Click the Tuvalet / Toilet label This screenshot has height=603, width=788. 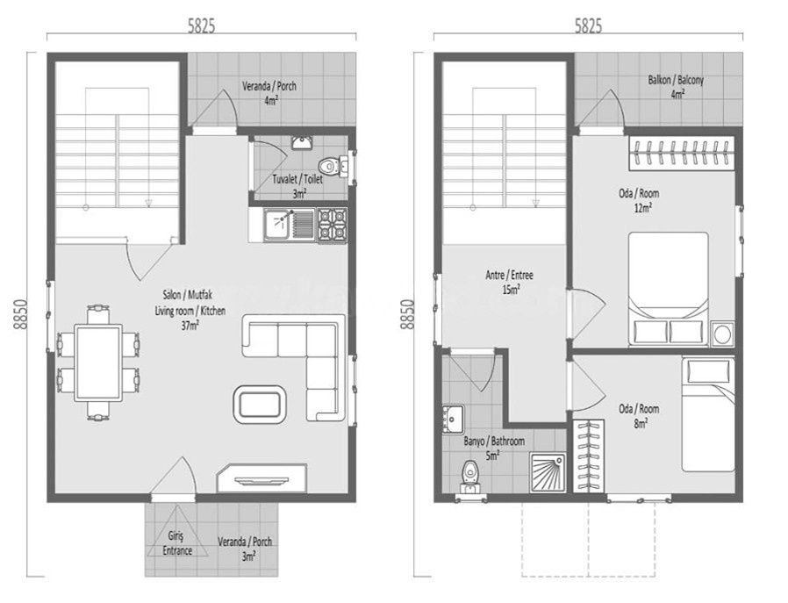tap(297, 185)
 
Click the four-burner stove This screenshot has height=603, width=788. tap(333, 225)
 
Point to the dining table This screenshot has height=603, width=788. tap(98, 363)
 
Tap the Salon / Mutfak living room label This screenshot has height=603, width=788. tap(190, 310)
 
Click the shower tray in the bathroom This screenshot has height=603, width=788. tap(548, 472)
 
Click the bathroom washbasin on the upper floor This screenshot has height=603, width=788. tap(453, 420)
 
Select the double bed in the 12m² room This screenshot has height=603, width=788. tap(669, 289)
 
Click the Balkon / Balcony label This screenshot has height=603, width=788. tap(677, 86)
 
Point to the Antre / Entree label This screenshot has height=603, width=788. tap(509, 282)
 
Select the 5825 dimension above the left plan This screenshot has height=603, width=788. tap(201, 26)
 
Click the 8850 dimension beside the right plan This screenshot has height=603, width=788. tap(406, 314)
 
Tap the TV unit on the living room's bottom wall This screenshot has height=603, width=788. tap(261, 477)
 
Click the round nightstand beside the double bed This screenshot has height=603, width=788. tap(723, 334)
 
